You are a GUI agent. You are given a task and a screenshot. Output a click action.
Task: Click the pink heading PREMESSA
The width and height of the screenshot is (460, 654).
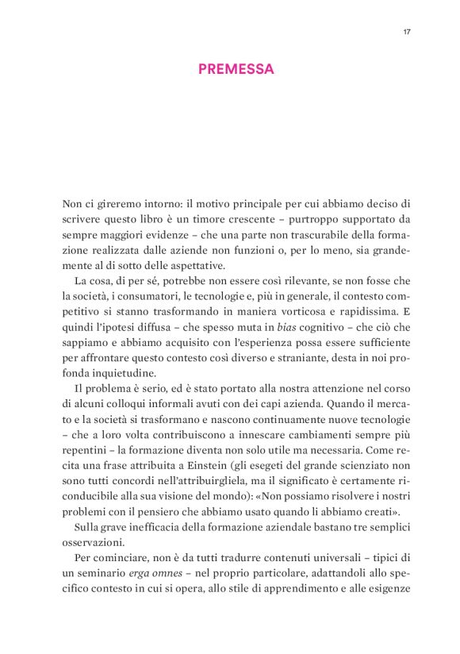point(236,69)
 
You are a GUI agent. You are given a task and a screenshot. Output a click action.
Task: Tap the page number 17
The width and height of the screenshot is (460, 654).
point(406,32)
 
